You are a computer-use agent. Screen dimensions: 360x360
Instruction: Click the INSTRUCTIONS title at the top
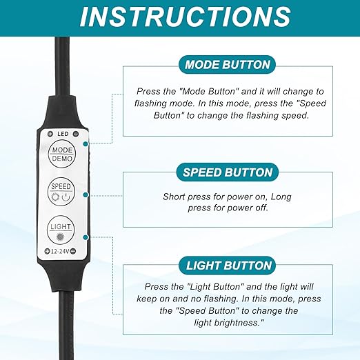point(186,17)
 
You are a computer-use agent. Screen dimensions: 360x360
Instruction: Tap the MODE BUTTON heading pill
point(227,65)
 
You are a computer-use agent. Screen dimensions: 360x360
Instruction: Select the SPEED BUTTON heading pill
point(228,172)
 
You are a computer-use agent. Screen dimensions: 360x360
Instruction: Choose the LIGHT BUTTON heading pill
point(227,266)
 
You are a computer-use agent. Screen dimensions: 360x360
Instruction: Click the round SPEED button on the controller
point(61,192)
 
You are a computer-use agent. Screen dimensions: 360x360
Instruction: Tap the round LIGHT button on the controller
point(61,230)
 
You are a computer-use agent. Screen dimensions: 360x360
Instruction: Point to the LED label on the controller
point(63,134)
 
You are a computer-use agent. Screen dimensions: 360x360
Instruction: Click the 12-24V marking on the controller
point(60,252)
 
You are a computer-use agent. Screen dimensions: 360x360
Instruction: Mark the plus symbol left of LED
point(50,134)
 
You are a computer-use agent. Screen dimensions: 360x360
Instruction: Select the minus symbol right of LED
point(76,134)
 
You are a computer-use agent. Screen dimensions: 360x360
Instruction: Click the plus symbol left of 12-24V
point(47,252)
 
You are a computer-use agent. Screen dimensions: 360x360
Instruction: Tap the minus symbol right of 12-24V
point(73,251)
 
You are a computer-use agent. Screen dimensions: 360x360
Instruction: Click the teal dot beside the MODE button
point(86,144)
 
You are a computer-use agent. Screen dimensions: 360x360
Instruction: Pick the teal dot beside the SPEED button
point(86,195)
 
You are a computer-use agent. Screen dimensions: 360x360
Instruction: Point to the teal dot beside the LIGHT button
point(86,237)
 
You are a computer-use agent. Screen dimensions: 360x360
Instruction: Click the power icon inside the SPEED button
point(66,197)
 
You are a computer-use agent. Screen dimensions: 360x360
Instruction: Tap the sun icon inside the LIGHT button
point(61,237)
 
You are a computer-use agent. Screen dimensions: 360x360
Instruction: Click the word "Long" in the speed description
point(281,197)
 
